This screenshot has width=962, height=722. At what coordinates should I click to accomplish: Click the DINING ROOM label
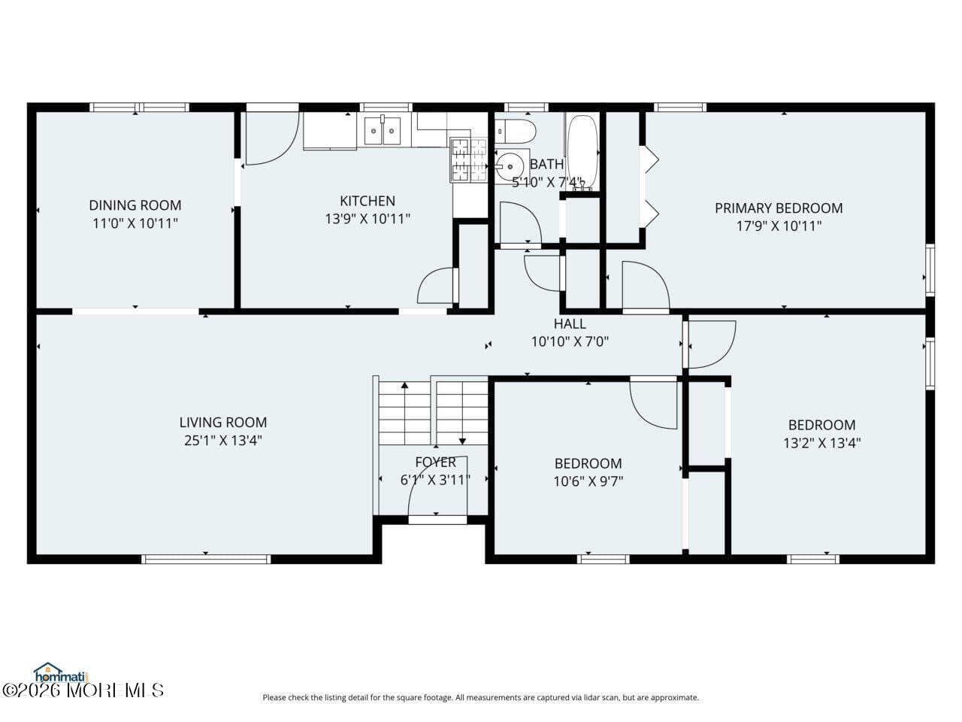[135, 205]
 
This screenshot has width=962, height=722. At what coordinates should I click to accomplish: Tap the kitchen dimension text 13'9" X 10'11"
[368, 219]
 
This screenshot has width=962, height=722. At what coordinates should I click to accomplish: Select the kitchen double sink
[383, 131]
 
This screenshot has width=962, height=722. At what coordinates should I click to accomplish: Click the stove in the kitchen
[468, 160]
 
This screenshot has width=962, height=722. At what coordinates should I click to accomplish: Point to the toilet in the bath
[516, 131]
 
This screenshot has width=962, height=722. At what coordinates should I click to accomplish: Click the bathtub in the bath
[582, 153]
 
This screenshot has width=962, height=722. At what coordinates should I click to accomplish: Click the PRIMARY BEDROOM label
[779, 208]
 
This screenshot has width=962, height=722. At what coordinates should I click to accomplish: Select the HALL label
[570, 323]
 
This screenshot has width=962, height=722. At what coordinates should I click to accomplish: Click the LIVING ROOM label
[223, 422]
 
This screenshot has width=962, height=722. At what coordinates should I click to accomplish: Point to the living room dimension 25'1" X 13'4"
[223, 441]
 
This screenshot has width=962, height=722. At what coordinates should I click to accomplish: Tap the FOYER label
[435, 462]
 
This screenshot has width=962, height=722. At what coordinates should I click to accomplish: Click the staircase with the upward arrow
[404, 414]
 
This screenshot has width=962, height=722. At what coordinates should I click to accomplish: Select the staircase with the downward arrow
[462, 414]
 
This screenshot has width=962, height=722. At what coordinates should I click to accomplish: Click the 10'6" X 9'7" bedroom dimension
[588, 481]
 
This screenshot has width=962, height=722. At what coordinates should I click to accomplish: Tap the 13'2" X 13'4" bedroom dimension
[821, 443]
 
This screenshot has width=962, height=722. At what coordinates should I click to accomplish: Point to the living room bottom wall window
[206, 559]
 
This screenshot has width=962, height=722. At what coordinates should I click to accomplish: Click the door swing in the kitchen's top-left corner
[271, 138]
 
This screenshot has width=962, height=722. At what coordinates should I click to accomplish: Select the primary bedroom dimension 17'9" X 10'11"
[779, 226]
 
